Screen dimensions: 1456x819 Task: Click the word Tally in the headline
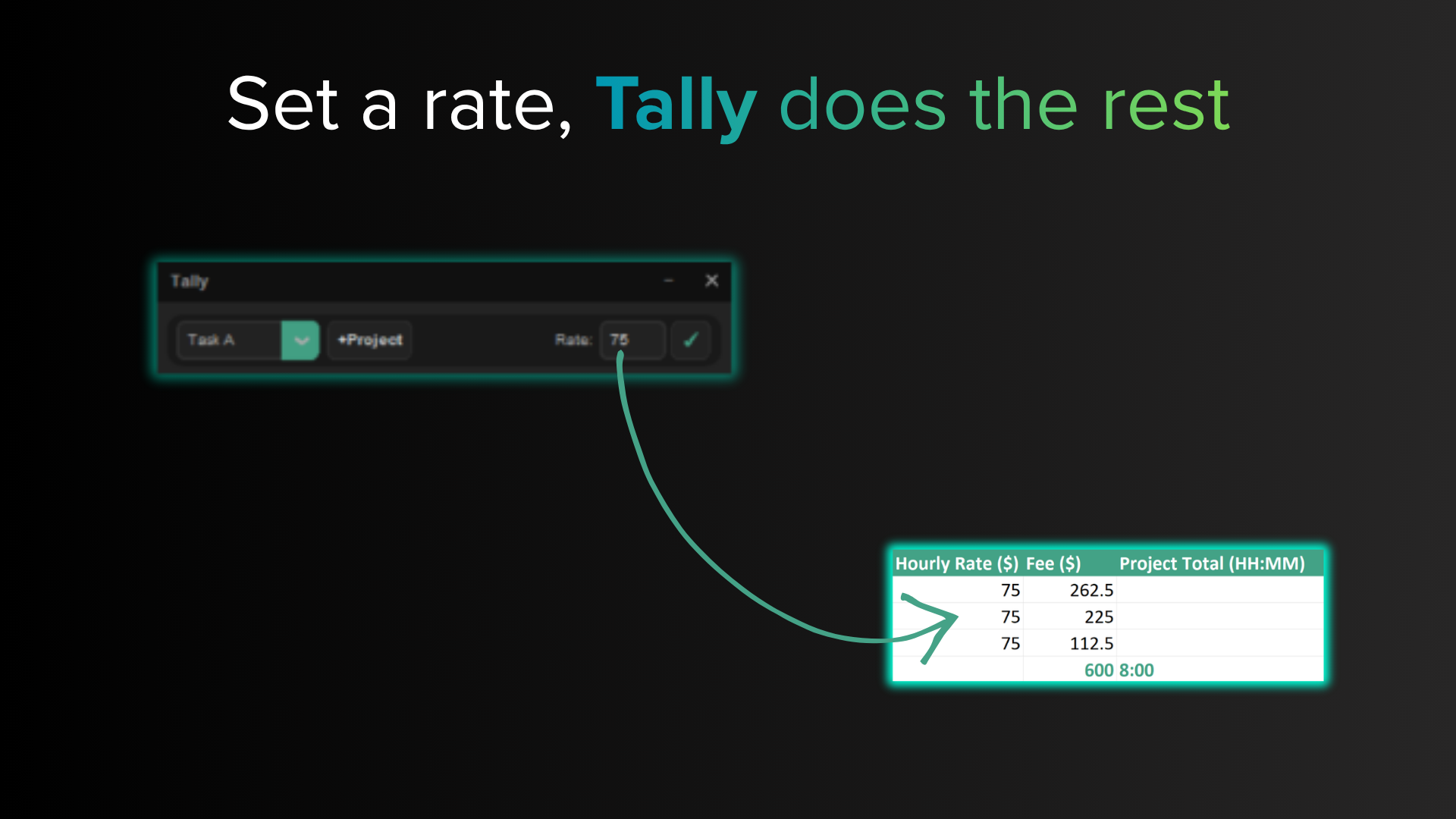[676, 106]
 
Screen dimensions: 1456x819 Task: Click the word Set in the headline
[283, 104]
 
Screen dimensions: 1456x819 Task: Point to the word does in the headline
[862, 104]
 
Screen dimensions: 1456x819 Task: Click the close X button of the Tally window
[711, 281]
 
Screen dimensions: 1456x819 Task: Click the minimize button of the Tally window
[668, 281]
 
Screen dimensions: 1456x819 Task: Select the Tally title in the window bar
[190, 281]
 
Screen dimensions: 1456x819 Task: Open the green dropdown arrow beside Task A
[300, 340]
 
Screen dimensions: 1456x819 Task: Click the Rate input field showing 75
[632, 340]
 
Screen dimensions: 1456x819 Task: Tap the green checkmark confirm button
[691, 340]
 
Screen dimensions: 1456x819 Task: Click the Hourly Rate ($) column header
[956, 563]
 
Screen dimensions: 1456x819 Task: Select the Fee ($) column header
[1053, 563]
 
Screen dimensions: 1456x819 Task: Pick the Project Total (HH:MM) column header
[1212, 563]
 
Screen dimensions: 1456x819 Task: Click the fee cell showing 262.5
[1091, 590]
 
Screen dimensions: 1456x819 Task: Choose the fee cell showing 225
[1099, 617]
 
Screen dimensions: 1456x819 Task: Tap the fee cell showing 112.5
[1091, 643]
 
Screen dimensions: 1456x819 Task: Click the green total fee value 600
[1099, 670]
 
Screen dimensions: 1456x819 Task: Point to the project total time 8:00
[1137, 670]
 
